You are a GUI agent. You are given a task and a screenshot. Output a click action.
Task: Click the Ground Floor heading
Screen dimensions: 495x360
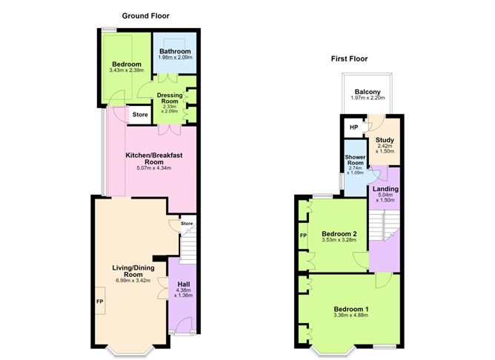click(x=145, y=16)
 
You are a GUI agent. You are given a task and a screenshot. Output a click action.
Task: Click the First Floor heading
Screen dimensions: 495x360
click(x=349, y=59)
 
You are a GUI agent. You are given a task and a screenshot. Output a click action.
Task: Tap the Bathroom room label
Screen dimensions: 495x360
click(x=175, y=51)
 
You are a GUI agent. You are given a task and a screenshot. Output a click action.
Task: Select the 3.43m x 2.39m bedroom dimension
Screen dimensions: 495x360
click(x=126, y=70)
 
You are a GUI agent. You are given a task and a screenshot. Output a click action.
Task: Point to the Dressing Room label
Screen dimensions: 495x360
click(x=170, y=98)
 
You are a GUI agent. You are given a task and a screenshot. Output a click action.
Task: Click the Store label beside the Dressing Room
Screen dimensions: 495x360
click(x=140, y=115)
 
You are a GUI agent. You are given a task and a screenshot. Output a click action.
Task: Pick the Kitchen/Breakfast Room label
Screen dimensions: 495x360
click(x=154, y=159)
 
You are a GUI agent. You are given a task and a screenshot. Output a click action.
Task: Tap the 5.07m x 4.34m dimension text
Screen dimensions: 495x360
click(x=154, y=168)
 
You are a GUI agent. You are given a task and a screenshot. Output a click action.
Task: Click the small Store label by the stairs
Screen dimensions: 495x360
click(x=187, y=224)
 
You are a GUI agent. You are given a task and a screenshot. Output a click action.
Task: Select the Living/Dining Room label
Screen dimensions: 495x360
click(x=133, y=271)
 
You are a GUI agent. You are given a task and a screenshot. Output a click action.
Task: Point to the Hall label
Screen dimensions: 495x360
click(x=184, y=284)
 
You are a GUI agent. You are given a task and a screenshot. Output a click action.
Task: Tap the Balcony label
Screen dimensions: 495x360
click(x=368, y=92)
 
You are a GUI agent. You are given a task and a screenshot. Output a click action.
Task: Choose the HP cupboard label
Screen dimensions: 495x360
click(x=354, y=127)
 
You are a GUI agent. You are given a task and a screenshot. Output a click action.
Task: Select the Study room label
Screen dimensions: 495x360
click(x=385, y=140)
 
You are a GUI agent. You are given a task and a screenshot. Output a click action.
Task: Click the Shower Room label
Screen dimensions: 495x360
click(x=355, y=160)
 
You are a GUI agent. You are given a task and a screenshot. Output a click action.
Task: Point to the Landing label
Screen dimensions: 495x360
click(x=385, y=189)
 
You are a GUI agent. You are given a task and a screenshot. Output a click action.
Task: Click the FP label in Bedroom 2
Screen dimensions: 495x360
click(x=303, y=236)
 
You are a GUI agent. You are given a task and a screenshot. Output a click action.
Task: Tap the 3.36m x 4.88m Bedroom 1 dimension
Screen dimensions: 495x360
click(x=351, y=315)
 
